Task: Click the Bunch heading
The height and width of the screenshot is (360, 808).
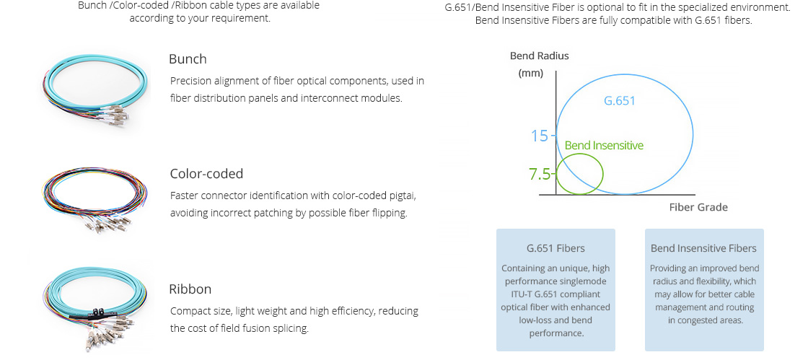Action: coord(188,59)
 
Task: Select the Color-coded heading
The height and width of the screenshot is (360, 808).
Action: coord(206,174)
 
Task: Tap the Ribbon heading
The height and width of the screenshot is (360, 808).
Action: coord(190,289)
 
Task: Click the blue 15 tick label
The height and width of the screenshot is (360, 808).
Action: coord(540,136)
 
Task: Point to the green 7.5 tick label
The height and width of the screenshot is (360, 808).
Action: coord(540,174)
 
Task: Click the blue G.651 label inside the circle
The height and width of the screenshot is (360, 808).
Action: coord(620,100)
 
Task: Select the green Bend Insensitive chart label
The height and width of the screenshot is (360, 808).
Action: coord(604,145)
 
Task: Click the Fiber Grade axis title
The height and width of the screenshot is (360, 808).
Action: coord(698,207)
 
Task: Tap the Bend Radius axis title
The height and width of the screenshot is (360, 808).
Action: coord(540,56)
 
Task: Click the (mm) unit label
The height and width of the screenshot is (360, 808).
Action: coord(531,73)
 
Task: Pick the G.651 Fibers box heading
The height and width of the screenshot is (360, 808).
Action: coord(555,248)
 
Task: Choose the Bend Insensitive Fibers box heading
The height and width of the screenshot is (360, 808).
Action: coord(703,248)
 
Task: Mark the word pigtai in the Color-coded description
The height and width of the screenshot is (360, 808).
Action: coord(402,196)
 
